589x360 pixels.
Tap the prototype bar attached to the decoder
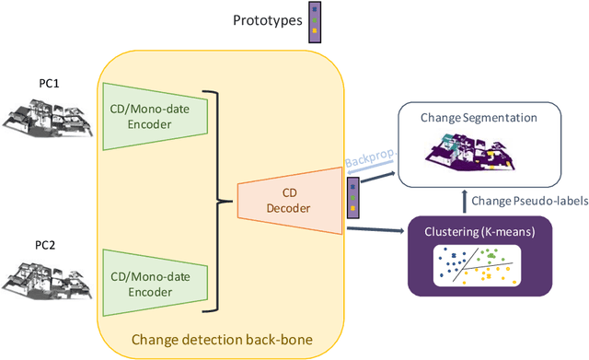click(351, 197)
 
